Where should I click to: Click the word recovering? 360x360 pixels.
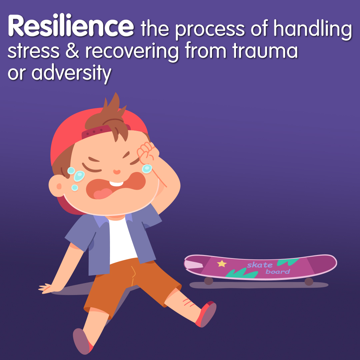[x=133, y=52]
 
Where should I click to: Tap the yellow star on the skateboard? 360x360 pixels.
[x=222, y=264]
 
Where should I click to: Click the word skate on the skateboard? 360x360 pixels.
[x=260, y=265]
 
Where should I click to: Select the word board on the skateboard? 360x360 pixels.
[x=278, y=272]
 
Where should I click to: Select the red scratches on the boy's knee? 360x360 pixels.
[x=187, y=302]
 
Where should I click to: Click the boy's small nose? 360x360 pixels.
[x=116, y=172]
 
